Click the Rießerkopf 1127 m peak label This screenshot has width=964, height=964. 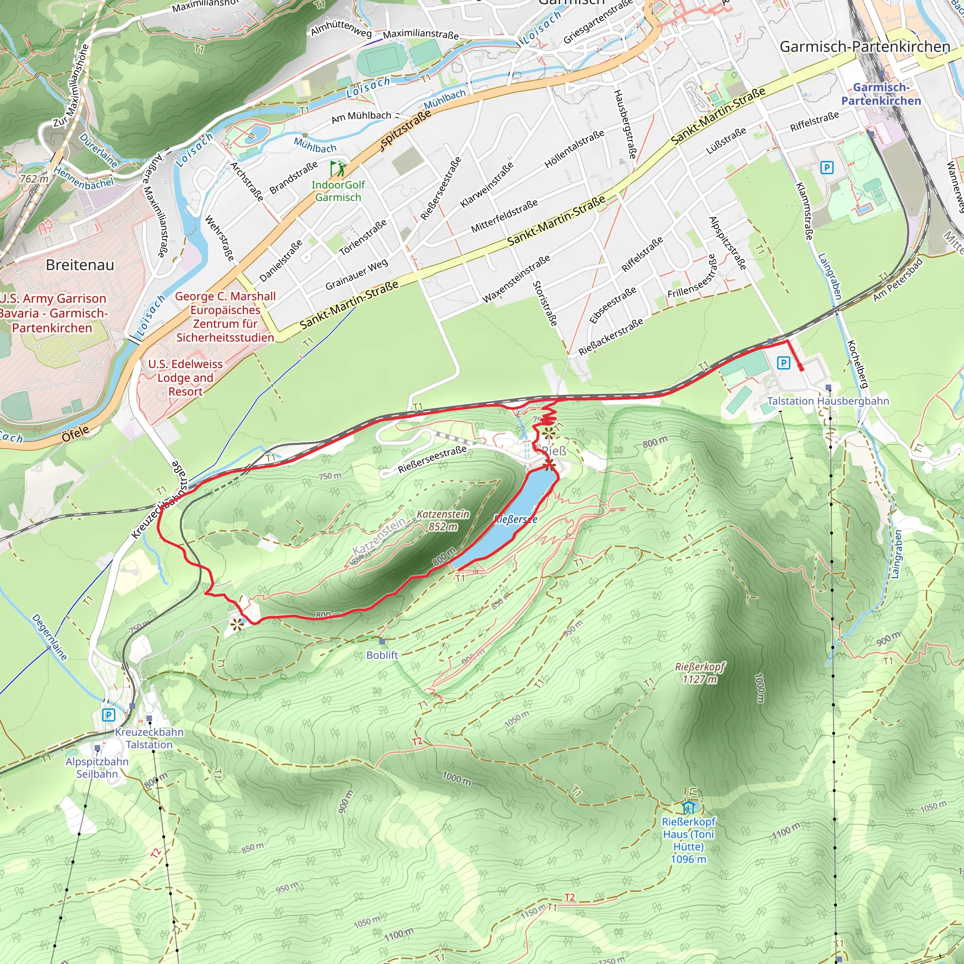point(699,673)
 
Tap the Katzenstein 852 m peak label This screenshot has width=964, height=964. point(443,520)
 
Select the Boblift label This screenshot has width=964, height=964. point(382,655)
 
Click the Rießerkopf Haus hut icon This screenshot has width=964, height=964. point(689,807)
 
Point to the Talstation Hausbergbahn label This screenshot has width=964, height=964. point(828,401)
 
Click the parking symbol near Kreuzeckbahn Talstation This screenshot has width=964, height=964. point(108,715)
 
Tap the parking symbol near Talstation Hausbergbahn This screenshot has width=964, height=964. point(783,363)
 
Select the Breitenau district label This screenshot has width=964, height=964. point(80,265)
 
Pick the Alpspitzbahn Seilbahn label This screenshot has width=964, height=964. point(97,767)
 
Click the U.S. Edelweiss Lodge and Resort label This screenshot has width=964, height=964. point(185,378)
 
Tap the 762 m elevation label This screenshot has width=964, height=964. point(34,178)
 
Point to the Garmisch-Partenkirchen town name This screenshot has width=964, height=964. point(865,47)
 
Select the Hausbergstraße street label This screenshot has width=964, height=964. point(624,124)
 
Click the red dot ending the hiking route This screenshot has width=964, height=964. point(801,369)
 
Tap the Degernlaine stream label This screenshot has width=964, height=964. point(49,637)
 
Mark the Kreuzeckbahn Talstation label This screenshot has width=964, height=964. point(149,738)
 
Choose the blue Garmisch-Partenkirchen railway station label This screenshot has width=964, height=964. point(881,94)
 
